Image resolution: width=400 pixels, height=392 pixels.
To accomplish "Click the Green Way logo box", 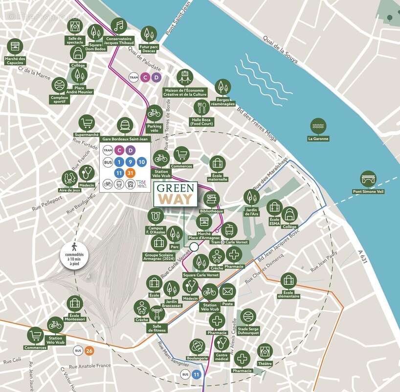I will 176,194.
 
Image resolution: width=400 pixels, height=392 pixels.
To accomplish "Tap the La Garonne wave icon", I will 318,126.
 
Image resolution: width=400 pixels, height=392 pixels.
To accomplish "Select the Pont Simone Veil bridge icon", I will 368,178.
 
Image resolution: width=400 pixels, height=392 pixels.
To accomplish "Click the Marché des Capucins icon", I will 15,48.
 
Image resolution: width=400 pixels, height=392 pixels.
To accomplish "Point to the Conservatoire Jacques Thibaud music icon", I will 118,25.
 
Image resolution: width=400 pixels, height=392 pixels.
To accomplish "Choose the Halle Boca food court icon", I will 201,107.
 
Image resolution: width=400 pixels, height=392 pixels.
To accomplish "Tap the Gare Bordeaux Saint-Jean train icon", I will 126,125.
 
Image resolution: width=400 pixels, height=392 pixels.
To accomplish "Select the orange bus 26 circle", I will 89,351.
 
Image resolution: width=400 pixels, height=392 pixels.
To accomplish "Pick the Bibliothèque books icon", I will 211,198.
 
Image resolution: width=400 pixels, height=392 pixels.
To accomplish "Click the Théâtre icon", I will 265,351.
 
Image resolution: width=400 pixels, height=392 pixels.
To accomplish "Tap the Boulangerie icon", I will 198,346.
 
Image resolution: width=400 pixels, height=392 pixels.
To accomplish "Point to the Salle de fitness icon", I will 157,313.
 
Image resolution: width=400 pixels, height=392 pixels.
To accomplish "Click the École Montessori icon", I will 74,303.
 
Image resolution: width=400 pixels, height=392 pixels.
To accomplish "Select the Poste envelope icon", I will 227,292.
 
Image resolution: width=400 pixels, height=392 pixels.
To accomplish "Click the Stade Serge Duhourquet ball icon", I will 248,317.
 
